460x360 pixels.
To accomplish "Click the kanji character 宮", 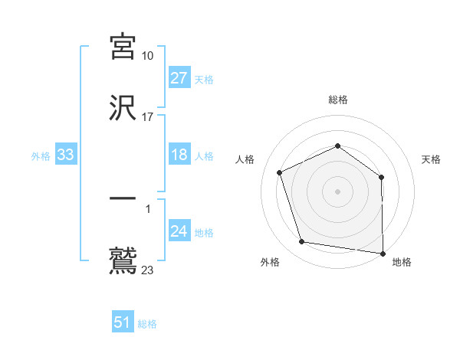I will pyautogui.click(x=123, y=47).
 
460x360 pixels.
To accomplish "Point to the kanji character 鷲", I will pyautogui.click(x=123, y=260).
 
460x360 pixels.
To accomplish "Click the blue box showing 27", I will pyautogui.click(x=179, y=78).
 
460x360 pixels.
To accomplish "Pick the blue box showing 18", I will pyautogui.click(x=179, y=155).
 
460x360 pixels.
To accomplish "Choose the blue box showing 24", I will pyautogui.click(x=179, y=232).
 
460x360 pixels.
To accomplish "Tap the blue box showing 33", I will pyautogui.click(x=65, y=155).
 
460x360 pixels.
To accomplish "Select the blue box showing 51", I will pyautogui.click(x=123, y=323).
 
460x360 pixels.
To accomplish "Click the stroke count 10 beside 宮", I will pyautogui.click(x=148, y=56).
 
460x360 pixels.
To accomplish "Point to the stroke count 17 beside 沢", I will pyautogui.click(x=148, y=117).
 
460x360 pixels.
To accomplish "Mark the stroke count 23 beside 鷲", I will pyautogui.click(x=148, y=270).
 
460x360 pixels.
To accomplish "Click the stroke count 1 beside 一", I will pyautogui.click(x=148, y=208).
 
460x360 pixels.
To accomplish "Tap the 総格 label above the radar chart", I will pyautogui.click(x=338, y=100).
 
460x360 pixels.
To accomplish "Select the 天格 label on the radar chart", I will pyautogui.click(x=432, y=159).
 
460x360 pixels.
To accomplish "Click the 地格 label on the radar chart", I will pyautogui.click(x=402, y=262).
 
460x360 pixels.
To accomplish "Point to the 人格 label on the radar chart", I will pyautogui.click(x=245, y=159).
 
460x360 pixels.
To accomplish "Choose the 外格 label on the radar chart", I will pyautogui.click(x=270, y=262).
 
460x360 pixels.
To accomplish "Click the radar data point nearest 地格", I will pyautogui.click(x=383, y=253).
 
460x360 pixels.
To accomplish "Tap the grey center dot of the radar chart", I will pyautogui.click(x=337, y=191).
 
